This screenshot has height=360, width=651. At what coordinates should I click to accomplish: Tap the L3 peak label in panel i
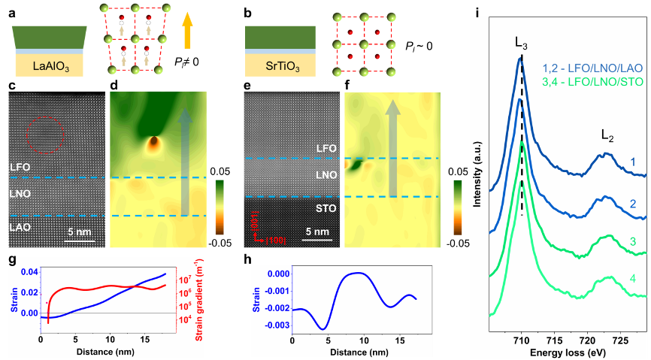pyautogui.click(x=522, y=44)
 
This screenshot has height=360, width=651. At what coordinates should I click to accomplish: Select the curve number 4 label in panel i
pyautogui.click(x=632, y=280)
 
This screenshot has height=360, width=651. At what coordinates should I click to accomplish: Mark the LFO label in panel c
pyautogui.click(x=20, y=164)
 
